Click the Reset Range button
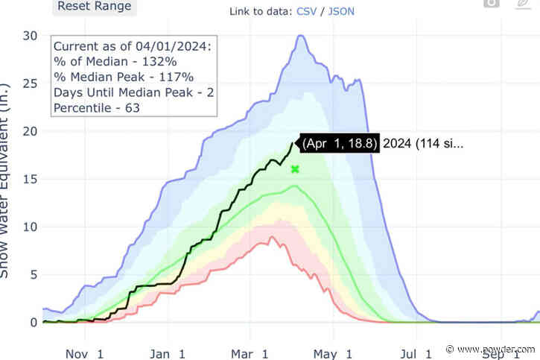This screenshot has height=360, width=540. click(x=95, y=7)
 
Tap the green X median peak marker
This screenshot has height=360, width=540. click(x=295, y=169)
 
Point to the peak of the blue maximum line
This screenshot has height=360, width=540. click(x=300, y=36)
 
